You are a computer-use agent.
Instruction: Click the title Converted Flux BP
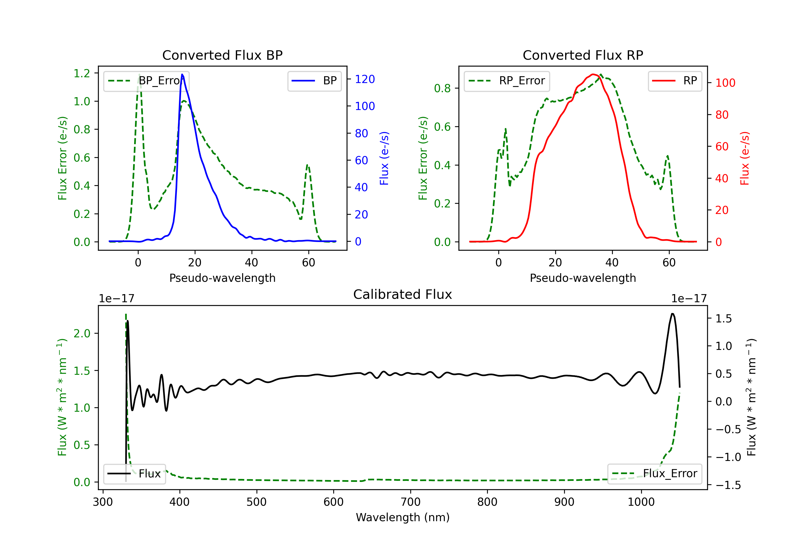click(222, 55)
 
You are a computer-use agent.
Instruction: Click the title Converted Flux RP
click(583, 55)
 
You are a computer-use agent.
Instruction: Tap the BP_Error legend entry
click(146, 81)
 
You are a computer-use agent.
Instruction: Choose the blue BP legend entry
click(314, 81)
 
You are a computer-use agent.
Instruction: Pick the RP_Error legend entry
click(507, 81)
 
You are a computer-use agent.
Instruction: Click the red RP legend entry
click(675, 81)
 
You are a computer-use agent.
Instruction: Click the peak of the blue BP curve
click(182, 74)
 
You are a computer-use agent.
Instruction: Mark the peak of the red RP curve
click(593, 74)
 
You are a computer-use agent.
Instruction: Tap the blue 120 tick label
click(365, 79)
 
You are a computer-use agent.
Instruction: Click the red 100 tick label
click(725, 83)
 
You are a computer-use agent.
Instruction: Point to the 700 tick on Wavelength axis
click(411, 502)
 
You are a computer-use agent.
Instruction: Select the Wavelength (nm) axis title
click(403, 517)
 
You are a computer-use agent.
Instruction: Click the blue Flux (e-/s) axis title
click(384, 158)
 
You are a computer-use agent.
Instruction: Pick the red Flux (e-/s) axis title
click(745, 158)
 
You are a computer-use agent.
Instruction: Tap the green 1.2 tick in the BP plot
click(82, 73)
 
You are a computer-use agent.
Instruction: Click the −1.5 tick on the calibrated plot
click(728, 485)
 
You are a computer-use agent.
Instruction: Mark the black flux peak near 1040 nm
click(672, 313)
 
